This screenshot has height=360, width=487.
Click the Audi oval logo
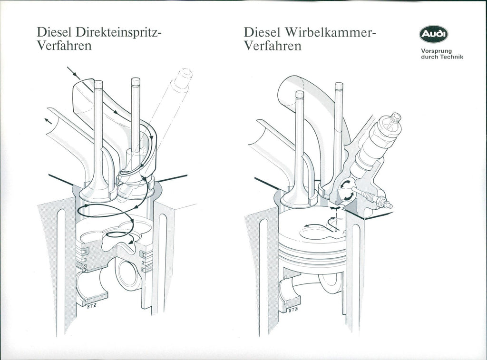[x=434, y=34]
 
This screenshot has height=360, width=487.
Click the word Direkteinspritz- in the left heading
[x=118, y=32]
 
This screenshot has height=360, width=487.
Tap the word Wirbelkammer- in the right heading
[x=330, y=32]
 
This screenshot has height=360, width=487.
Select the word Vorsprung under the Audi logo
[x=432, y=51]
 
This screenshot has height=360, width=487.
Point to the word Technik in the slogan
[x=451, y=57]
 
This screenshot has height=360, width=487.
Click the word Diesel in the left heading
[x=54, y=32]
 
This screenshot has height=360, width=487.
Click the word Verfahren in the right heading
[x=273, y=46]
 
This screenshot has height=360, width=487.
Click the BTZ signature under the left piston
[x=91, y=306]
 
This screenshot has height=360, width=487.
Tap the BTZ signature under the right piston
[x=293, y=310]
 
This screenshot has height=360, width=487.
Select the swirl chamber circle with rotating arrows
[x=346, y=190]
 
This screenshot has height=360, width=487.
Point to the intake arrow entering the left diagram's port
[x=74, y=73]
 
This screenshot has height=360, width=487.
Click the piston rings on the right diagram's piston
[x=312, y=253]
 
